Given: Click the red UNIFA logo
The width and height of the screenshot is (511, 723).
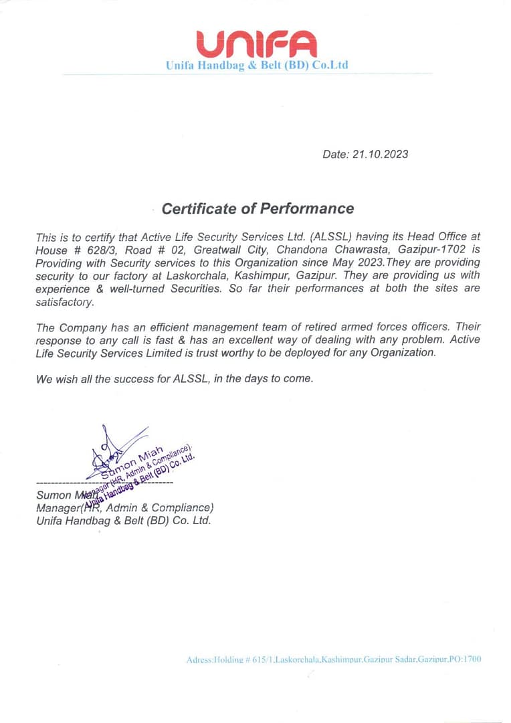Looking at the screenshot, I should (257, 44).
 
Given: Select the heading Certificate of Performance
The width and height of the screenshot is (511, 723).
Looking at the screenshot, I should (258, 208).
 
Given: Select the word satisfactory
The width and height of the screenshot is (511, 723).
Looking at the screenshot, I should (65, 301).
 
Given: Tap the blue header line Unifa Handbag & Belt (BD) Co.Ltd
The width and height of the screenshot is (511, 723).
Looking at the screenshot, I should (257, 66).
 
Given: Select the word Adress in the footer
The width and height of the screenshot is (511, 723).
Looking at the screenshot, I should (199, 659).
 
